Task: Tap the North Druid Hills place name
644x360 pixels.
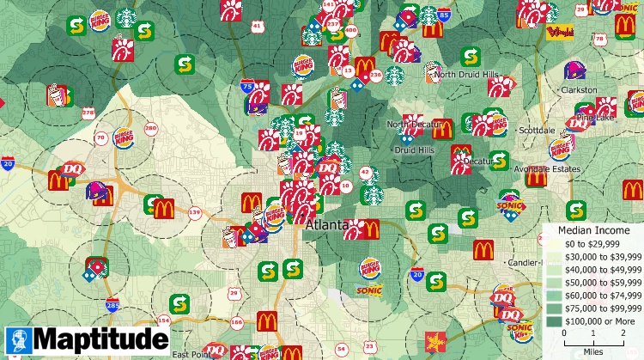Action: (x=465, y=76)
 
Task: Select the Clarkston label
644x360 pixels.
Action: (x=579, y=89)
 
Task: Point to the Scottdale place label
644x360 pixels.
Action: (x=538, y=130)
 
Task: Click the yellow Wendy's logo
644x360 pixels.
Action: (x=559, y=34)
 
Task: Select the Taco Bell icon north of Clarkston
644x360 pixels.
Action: (x=574, y=70)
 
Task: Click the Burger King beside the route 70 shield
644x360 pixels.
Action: (x=122, y=137)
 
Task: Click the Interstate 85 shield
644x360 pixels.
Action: (x=443, y=15)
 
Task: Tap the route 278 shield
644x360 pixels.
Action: (x=88, y=113)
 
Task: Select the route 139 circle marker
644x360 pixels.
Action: (x=195, y=212)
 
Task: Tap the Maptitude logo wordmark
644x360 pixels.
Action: (x=100, y=339)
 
